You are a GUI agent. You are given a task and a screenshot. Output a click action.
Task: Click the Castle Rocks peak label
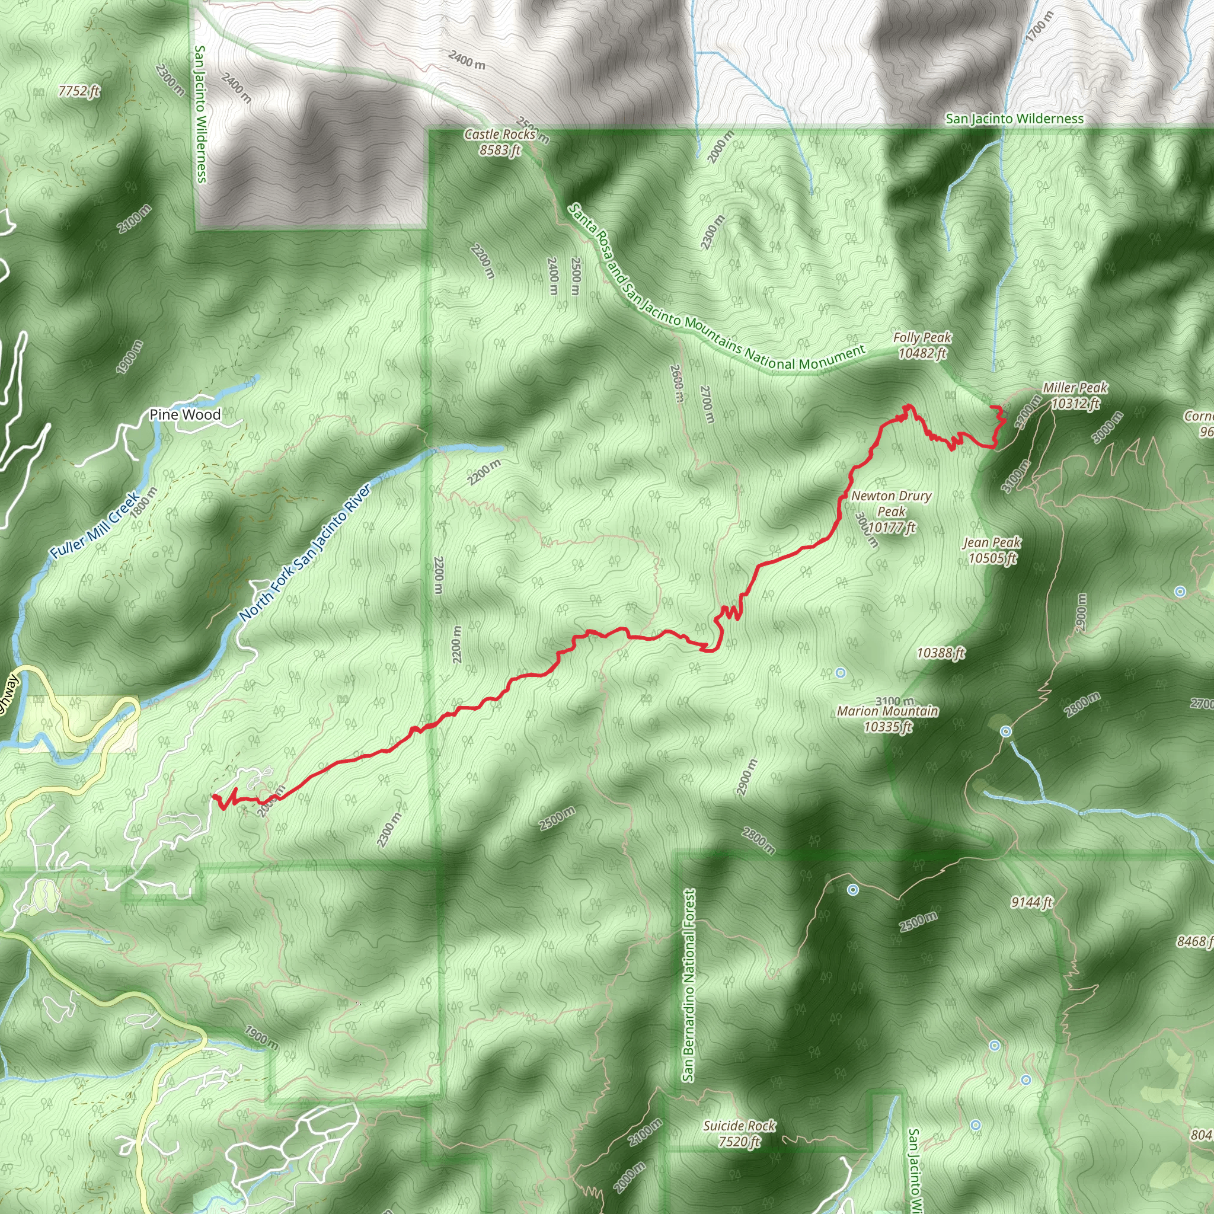[500, 142]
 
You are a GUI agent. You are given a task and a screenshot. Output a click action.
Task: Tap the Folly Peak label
[922, 345]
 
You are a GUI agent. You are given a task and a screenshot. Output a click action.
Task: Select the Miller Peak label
[1075, 395]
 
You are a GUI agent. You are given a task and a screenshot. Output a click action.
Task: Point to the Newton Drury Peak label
[891, 512]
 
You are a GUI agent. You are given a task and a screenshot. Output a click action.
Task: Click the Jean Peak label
[992, 550]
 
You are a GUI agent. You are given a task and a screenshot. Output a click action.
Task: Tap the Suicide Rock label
[739, 1133]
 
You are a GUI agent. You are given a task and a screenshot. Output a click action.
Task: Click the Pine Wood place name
[185, 415]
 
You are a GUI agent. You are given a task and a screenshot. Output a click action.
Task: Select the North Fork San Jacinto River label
[305, 553]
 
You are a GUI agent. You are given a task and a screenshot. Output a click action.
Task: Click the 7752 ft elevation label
[79, 91]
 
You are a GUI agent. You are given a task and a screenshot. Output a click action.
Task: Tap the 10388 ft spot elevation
[940, 653]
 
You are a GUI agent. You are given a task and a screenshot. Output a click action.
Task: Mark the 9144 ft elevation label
[1031, 903]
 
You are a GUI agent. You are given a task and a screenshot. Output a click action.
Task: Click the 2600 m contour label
[676, 384]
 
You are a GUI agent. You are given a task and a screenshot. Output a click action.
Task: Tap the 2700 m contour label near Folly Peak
[707, 404]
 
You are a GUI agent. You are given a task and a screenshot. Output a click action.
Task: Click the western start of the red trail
[214, 796]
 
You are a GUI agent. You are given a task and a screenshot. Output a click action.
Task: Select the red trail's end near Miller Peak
[992, 408]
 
